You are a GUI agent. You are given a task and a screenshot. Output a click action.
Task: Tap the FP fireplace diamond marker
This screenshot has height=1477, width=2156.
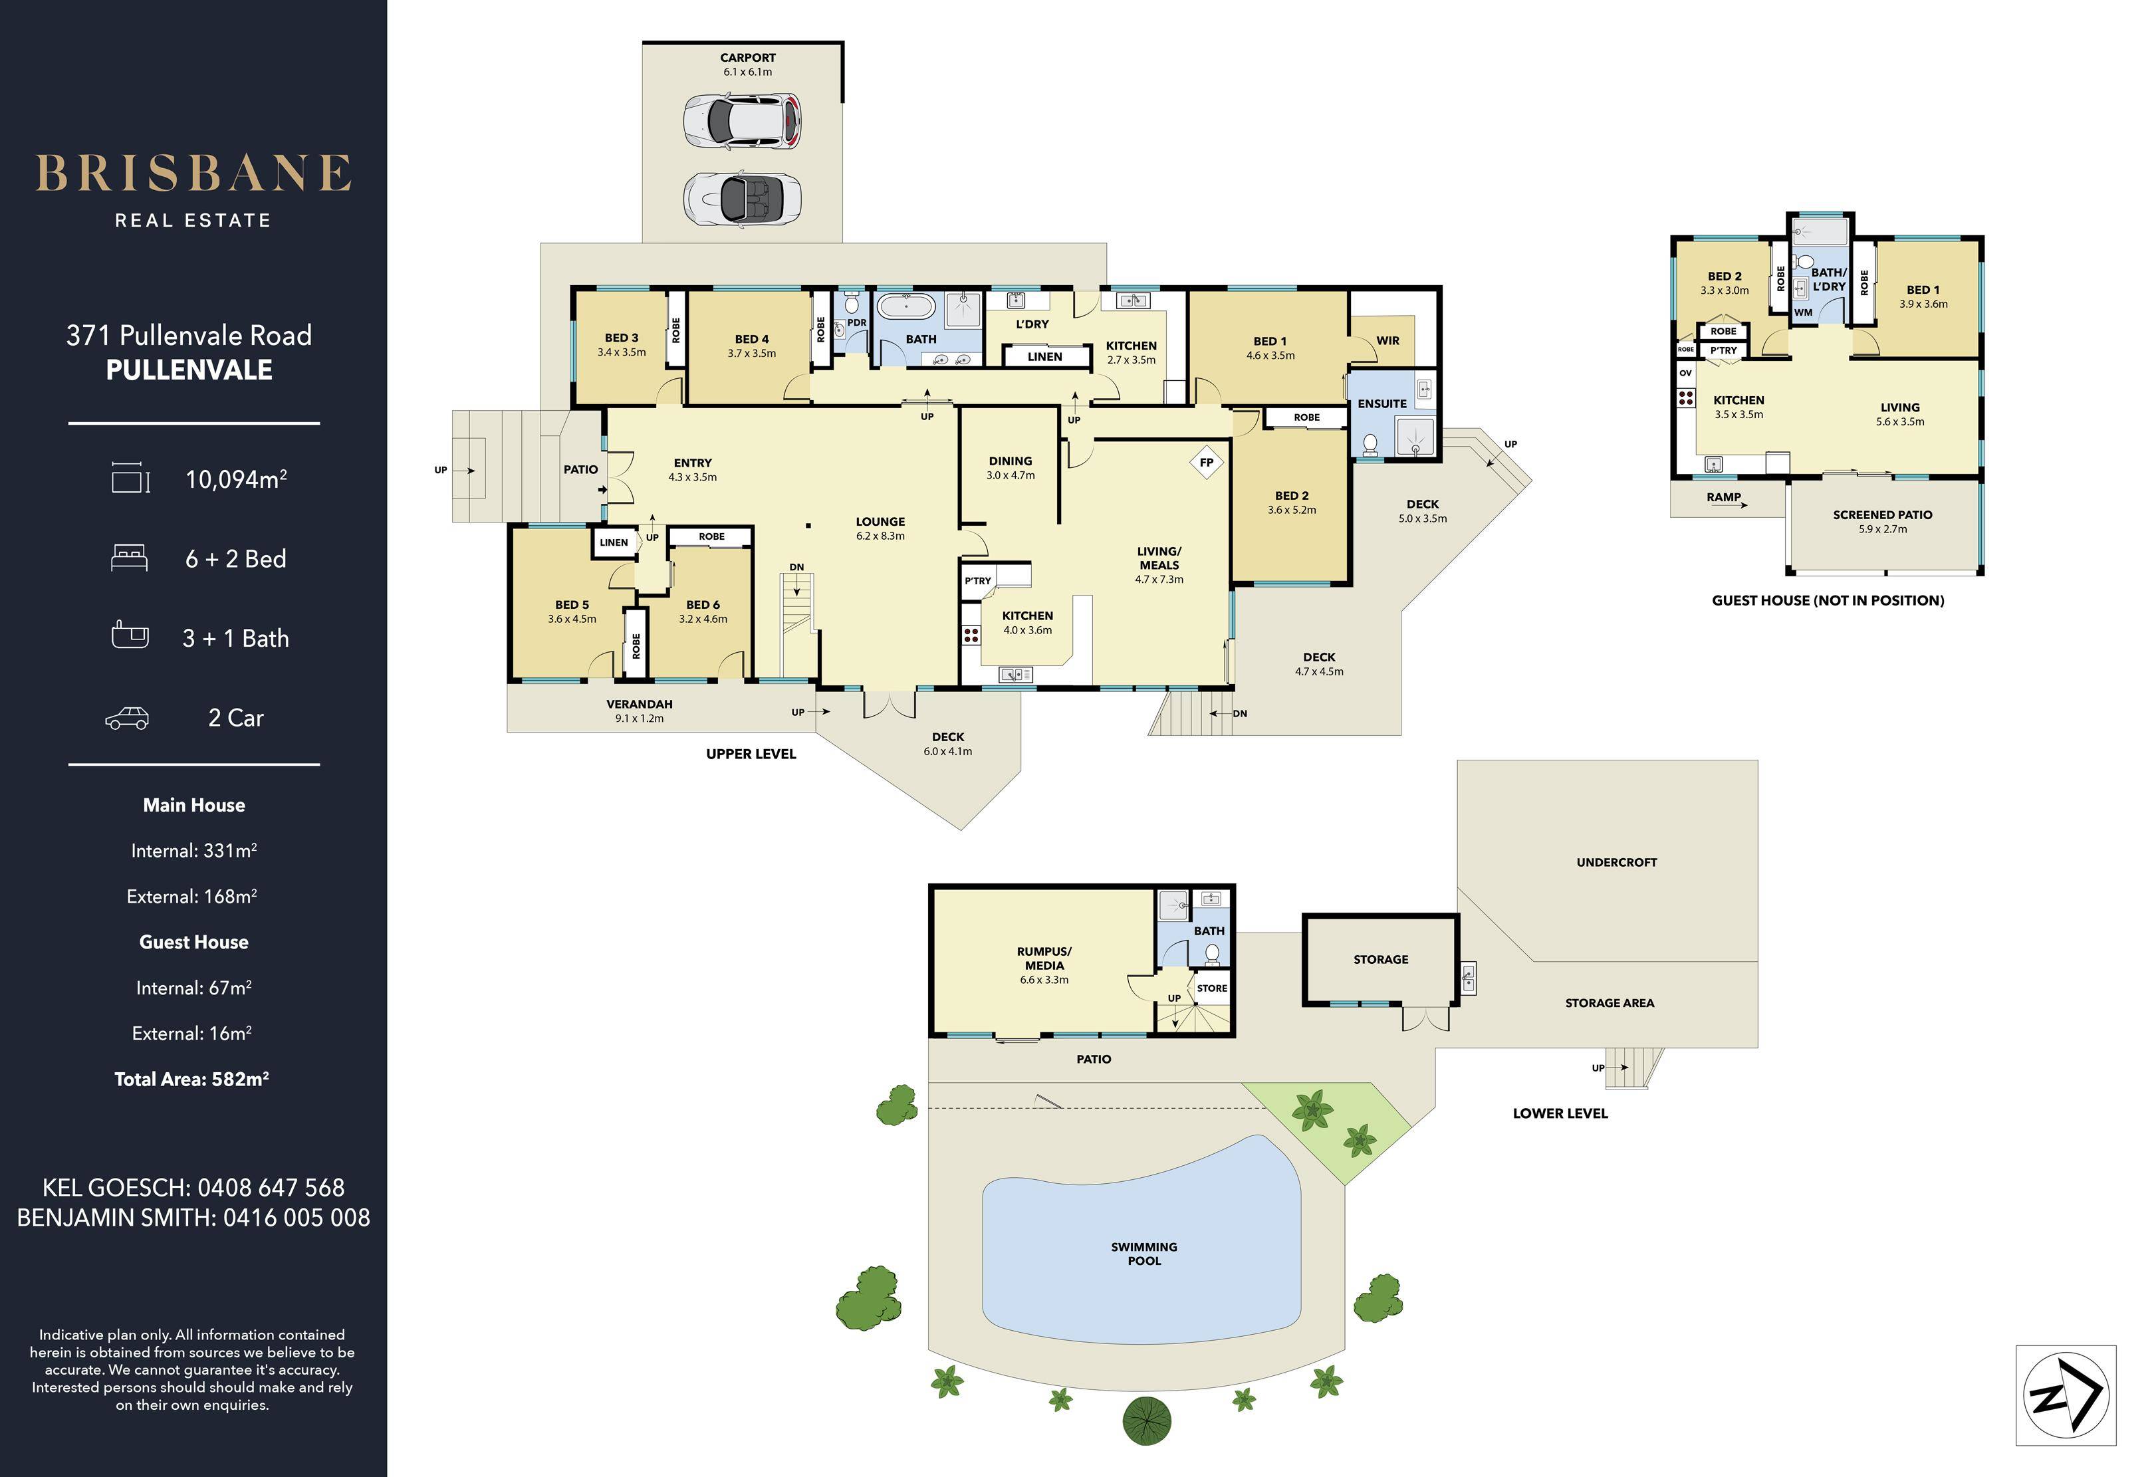point(1206,462)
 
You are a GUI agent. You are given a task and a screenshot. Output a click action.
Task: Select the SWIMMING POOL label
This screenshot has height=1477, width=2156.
point(1144,1254)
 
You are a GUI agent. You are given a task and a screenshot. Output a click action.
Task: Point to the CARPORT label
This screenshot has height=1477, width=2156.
point(748,58)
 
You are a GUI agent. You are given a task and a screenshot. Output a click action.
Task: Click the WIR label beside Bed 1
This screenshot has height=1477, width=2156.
point(1388,340)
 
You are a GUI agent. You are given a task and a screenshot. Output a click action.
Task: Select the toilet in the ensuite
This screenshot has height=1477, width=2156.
point(1370,445)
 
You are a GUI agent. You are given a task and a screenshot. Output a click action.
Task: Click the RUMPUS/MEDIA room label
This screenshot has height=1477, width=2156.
point(1044,959)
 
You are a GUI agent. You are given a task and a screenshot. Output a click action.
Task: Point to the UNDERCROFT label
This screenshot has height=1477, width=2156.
point(1616,862)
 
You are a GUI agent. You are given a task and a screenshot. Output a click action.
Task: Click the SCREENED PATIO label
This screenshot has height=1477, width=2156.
point(1882,515)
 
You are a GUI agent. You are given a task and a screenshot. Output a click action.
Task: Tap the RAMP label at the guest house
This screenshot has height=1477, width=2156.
point(1724,497)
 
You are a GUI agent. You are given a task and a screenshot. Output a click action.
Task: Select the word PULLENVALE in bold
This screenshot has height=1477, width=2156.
point(189,370)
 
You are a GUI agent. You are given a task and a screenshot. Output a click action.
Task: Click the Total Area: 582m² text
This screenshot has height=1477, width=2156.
point(192,1079)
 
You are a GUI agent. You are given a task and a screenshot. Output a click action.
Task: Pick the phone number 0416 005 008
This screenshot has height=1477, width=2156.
point(297,1217)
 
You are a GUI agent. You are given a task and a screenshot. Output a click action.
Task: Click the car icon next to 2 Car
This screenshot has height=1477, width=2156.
point(127,718)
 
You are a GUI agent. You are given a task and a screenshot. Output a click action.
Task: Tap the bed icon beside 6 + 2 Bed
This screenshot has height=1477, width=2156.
point(129,558)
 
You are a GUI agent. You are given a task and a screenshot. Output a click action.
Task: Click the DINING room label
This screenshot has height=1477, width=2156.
point(1011,461)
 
